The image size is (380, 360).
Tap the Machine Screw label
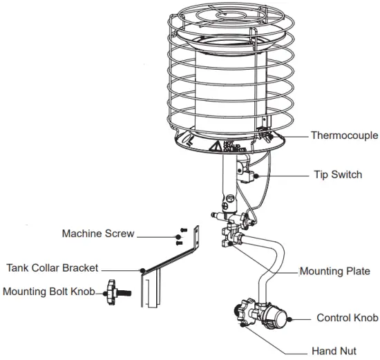98,234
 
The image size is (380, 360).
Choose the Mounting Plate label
334,272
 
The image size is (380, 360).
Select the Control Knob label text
347,319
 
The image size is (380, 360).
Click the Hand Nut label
334,350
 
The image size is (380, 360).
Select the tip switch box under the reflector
247,171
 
